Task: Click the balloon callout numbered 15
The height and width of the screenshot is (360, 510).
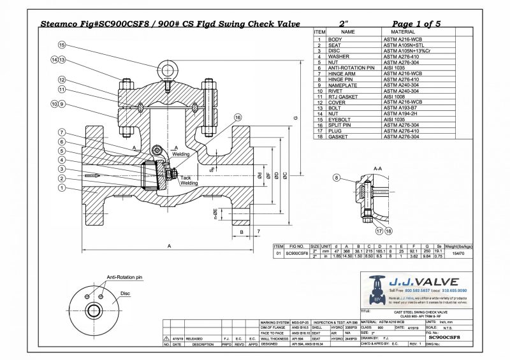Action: click(62, 45)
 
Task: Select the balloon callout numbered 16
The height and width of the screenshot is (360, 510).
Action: click(238, 117)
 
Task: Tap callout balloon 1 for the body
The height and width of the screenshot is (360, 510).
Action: click(62, 188)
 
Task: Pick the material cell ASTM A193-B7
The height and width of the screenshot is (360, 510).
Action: click(398, 108)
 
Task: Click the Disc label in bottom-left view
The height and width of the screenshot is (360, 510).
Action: click(126, 294)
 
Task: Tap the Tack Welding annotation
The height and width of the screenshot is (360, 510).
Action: click(189, 180)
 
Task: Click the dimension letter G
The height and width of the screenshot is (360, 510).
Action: click(295, 119)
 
